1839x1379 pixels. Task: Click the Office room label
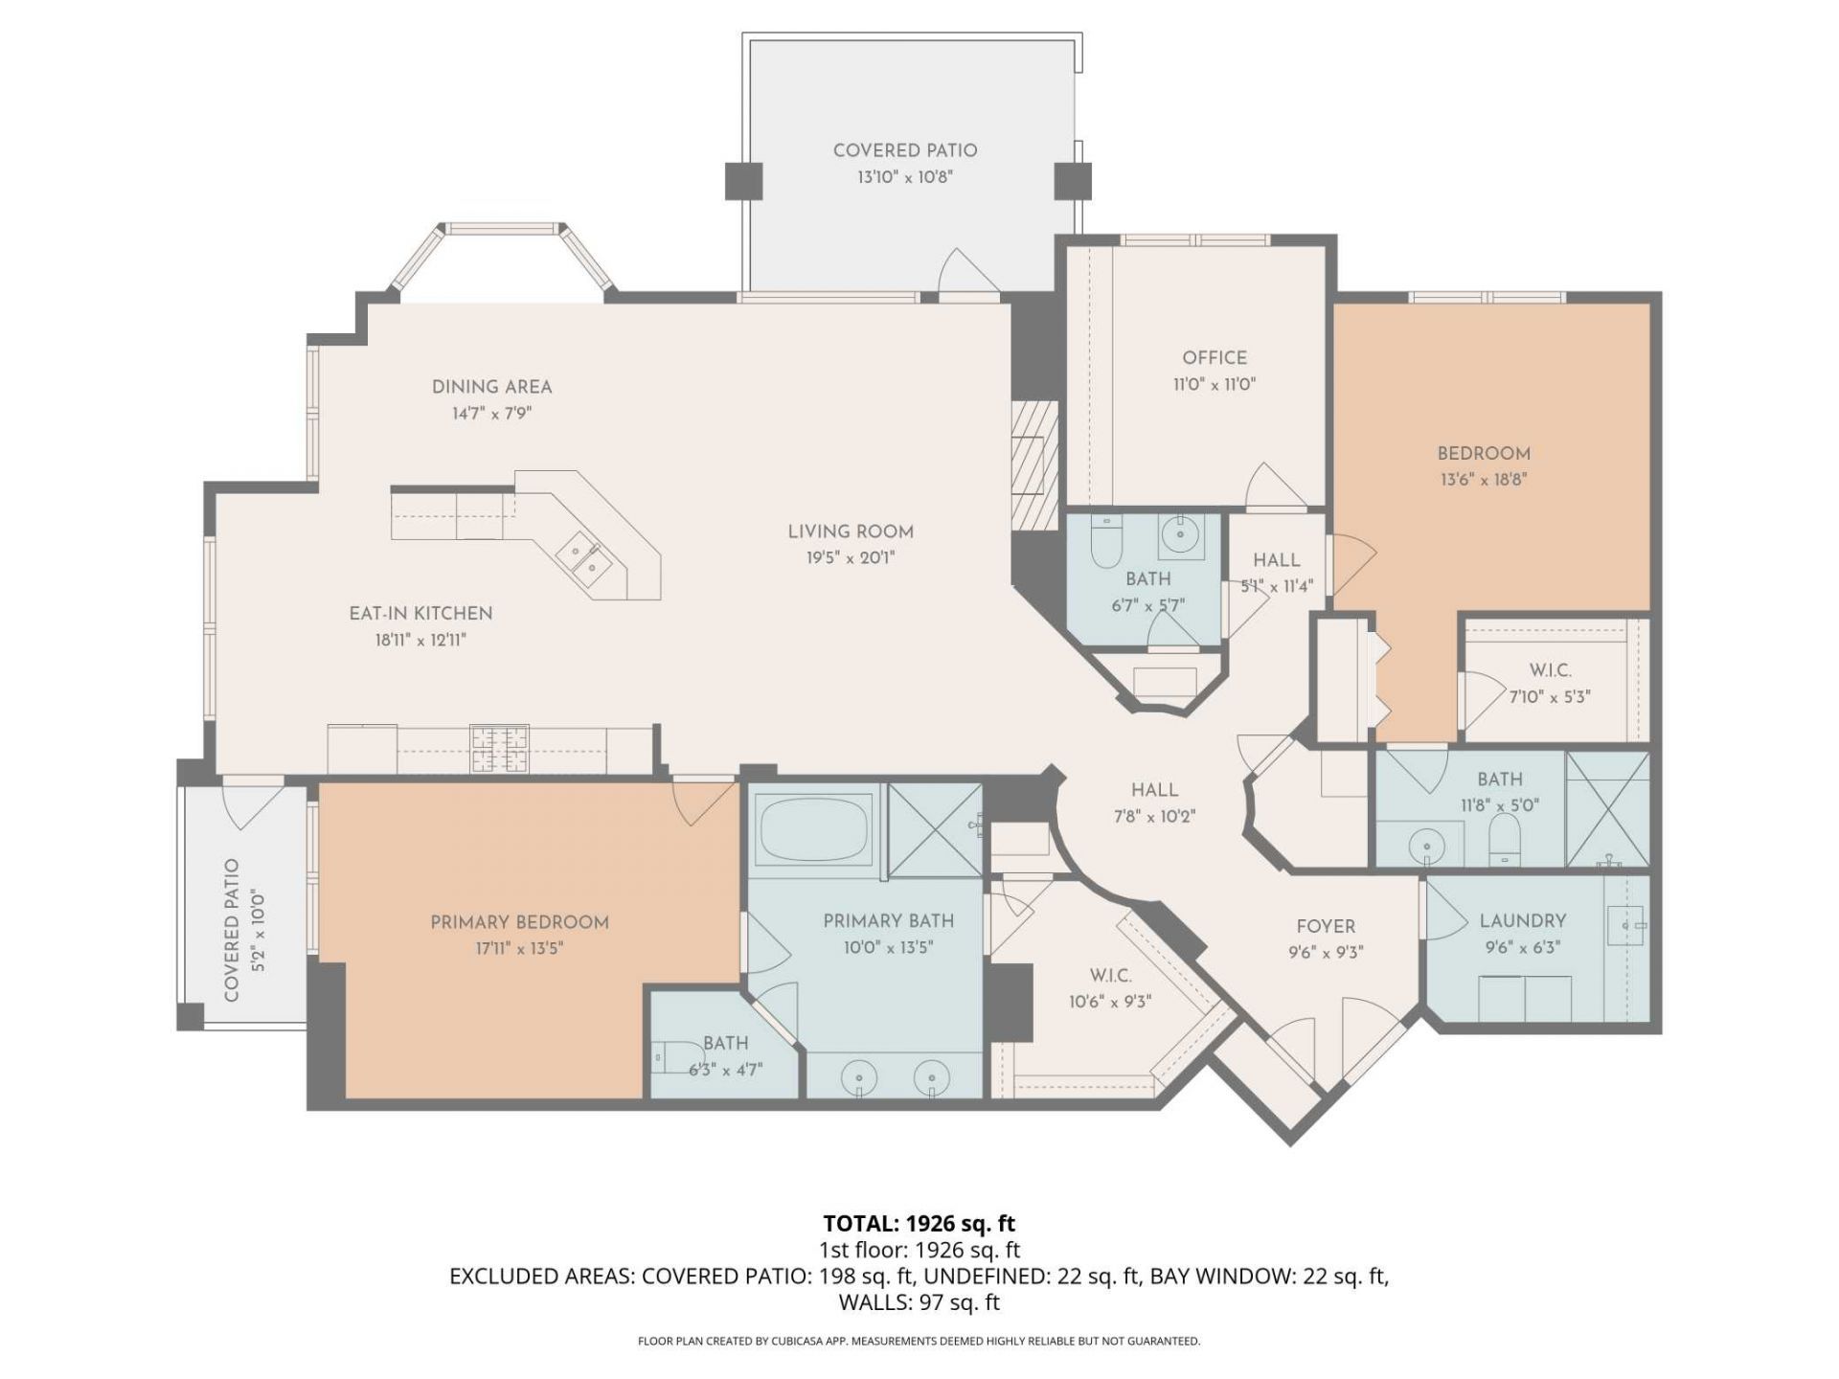(1214, 358)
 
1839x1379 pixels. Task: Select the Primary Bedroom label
(519, 922)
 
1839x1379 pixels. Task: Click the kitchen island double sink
(586, 558)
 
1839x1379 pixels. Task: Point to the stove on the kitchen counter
(498, 749)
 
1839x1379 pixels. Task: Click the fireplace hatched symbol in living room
(1034, 464)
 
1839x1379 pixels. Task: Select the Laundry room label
(1522, 921)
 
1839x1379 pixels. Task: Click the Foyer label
(1326, 926)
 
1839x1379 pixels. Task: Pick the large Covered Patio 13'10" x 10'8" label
(904, 150)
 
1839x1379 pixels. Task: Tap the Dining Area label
(491, 387)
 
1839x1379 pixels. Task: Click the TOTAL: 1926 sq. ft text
(919, 1223)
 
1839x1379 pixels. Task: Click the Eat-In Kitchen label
(420, 614)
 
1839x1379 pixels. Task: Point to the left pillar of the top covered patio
(743, 181)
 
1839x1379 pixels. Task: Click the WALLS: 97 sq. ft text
(919, 1302)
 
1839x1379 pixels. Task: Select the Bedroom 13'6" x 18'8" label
(1483, 454)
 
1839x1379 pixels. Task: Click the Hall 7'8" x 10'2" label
(1154, 790)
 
